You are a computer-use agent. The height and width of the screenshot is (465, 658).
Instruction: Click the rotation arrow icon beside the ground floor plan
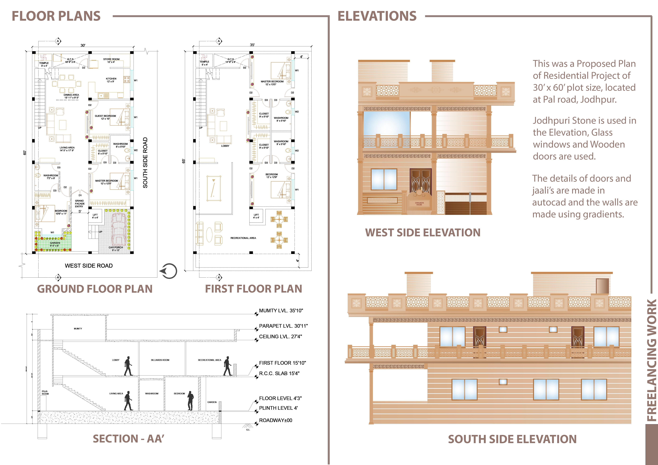tap(169, 271)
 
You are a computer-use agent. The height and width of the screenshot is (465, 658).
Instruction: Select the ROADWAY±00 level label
tap(275, 420)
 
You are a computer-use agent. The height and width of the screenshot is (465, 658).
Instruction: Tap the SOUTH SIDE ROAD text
tap(145, 163)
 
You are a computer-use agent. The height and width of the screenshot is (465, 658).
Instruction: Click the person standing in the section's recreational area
tap(228, 366)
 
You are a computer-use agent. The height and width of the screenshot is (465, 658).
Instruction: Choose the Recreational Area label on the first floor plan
tap(243, 238)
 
